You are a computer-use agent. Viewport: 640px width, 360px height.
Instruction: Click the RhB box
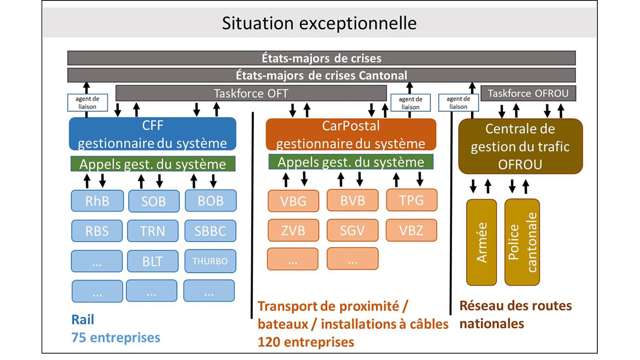(x=97, y=201)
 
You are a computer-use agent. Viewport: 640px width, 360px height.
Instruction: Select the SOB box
(x=154, y=201)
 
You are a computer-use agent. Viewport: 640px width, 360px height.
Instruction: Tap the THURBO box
(x=210, y=261)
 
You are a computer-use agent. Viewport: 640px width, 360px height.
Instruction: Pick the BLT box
(x=153, y=261)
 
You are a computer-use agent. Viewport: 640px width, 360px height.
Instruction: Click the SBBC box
(x=210, y=231)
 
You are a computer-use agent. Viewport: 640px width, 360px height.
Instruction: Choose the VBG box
(x=293, y=201)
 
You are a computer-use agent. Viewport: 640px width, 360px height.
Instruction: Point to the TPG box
(x=412, y=200)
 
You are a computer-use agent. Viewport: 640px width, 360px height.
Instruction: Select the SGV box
(x=352, y=230)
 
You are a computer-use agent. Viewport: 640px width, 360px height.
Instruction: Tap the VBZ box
(x=411, y=230)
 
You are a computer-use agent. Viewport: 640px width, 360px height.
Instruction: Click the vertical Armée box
(x=481, y=242)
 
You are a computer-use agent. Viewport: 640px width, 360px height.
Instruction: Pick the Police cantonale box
(x=522, y=242)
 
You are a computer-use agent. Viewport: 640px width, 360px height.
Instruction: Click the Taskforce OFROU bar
(x=528, y=93)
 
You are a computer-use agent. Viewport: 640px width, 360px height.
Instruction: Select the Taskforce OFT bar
(x=251, y=93)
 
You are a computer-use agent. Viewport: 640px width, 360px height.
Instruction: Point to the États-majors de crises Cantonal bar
(x=321, y=75)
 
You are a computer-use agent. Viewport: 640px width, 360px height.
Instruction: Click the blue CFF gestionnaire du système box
(x=152, y=134)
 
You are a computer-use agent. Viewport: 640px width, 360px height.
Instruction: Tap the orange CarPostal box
(x=351, y=134)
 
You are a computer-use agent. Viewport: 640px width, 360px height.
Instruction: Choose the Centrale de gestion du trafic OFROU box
(x=520, y=146)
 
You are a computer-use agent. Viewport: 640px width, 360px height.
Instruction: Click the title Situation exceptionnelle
(x=319, y=23)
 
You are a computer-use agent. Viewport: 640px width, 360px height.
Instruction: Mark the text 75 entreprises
(x=116, y=337)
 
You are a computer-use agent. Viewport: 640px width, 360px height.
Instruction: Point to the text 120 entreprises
(x=306, y=342)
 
